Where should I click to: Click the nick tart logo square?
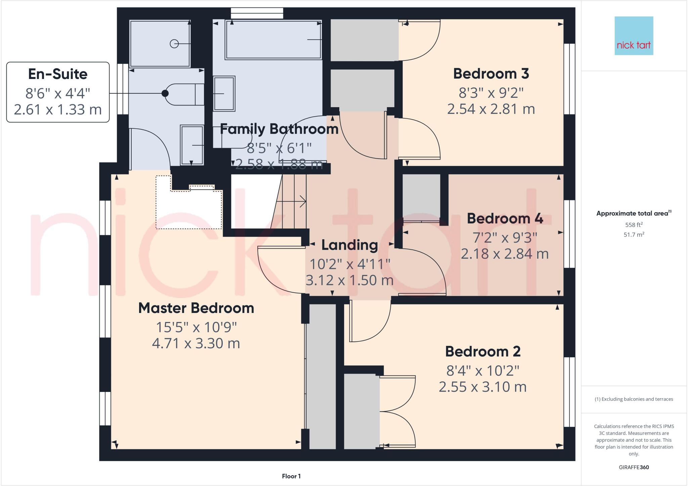point(634,36)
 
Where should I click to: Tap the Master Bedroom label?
point(196,308)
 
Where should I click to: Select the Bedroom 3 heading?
point(491,74)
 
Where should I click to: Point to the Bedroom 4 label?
point(505,218)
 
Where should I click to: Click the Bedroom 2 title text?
point(483,352)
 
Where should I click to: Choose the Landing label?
point(349,245)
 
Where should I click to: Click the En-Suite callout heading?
point(58,74)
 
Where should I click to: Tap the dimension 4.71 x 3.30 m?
point(196,343)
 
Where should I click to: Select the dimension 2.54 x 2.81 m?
point(491,109)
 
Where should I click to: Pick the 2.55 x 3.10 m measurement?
point(483,387)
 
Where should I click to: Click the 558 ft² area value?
point(634,225)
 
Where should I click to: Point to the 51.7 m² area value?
point(634,235)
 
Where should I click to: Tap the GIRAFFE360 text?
point(634,467)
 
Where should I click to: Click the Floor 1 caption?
point(291,476)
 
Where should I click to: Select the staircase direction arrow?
point(296,202)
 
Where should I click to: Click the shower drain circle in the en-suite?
point(174,44)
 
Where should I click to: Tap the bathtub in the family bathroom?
point(273,40)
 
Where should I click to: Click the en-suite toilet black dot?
point(165,93)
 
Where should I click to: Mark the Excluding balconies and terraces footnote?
point(634,399)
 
